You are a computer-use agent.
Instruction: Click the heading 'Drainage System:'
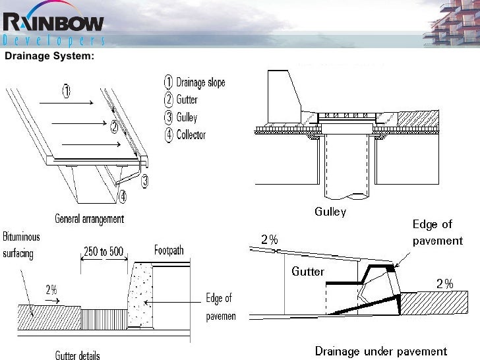click(49, 56)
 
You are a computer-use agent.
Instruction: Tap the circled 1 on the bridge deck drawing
click(65, 92)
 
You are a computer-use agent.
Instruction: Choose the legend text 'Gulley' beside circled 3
click(187, 118)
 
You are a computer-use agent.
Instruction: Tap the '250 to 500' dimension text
click(104, 251)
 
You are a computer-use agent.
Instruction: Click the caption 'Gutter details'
click(78, 355)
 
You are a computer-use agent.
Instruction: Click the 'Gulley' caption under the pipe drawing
click(329, 212)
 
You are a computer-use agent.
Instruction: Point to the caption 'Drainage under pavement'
click(380, 351)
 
